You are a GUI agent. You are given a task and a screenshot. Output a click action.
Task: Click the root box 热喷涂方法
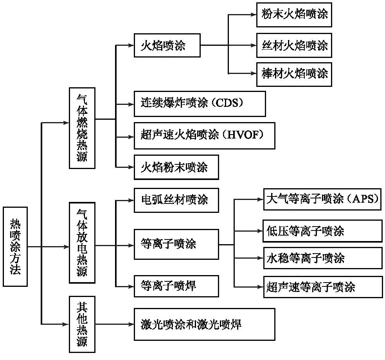[x=15, y=247]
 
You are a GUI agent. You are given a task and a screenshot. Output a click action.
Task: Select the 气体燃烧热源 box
[x=82, y=128]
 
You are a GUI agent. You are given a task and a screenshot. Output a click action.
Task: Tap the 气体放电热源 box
[x=82, y=242]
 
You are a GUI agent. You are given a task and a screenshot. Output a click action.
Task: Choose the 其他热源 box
[x=82, y=324]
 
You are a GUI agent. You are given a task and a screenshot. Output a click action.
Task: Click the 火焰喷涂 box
[x=167, y=46]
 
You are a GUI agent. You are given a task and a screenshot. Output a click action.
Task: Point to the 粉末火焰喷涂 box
[x=294, y=14]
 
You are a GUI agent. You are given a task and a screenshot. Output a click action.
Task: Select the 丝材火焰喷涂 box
[x=294, y=45]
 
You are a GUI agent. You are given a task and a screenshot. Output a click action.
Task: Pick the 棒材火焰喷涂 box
[x=294, y=74]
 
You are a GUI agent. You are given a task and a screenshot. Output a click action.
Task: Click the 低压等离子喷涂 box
[x=322, y=230]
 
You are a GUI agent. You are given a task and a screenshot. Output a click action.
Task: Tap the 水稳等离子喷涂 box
[x=322, y=258]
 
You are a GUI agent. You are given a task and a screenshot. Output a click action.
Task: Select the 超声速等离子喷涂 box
[x=322, y=287]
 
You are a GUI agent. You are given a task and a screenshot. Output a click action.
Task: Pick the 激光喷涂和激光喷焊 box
[x=204, y=324]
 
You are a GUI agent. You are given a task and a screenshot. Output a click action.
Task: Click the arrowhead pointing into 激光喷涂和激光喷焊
[x=131, y=324]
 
